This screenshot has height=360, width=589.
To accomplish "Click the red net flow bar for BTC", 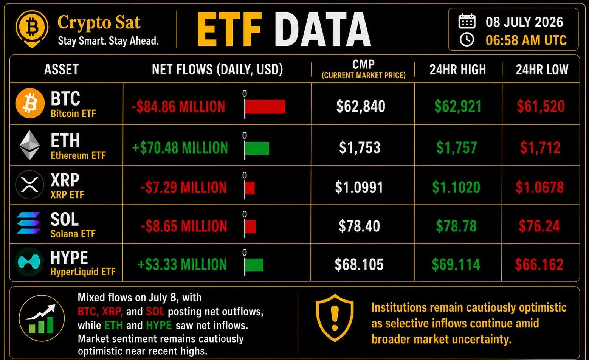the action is (265, 107).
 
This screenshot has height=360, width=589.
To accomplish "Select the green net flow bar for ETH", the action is (257, 148).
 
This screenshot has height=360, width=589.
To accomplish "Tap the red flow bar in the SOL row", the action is (250, 227).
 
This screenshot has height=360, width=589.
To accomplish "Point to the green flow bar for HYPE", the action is (254, 265).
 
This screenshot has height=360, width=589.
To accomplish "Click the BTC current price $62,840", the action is (361, 106).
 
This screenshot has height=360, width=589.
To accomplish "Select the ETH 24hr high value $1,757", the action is (457, 147).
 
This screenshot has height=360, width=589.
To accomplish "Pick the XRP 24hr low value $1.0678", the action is (540, 187).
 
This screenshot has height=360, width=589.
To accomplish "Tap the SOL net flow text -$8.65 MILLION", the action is (184, 226).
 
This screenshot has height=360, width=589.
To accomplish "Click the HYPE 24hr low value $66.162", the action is (539, 264).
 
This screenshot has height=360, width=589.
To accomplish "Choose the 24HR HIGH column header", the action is (458, 70).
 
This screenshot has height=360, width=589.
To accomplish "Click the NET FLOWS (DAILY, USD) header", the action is (217, 70).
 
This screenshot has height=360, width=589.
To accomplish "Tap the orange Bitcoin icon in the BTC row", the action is (30, 103).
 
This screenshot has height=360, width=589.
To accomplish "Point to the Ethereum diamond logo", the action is (30, 145).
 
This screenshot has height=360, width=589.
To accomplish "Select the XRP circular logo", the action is (30, 185).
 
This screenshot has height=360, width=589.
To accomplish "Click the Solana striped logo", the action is (28, 223).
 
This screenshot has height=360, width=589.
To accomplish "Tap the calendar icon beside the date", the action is (467, 21).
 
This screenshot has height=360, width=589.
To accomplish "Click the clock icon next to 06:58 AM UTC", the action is (467, 40).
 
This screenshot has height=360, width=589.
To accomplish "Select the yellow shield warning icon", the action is (335, 318).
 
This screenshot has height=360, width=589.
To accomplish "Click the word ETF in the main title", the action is (229, 29).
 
